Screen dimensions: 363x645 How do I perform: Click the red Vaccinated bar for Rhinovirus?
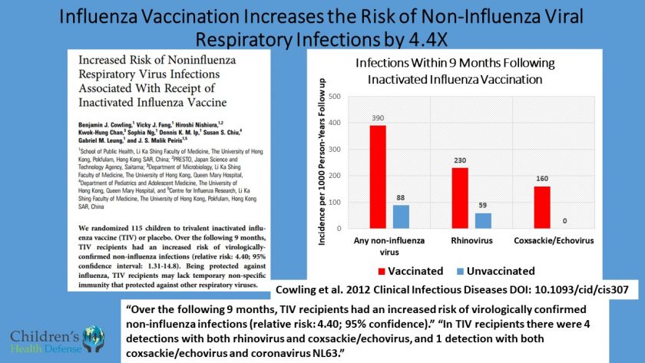[x=459, y=199]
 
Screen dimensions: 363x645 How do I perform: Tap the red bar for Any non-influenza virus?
[x=378, y=178]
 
